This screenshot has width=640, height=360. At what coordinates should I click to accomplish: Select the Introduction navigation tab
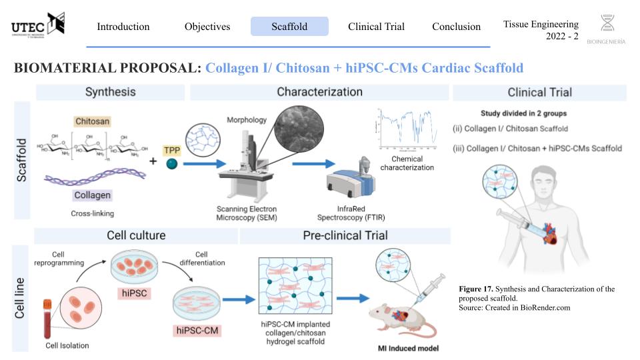coord(123,27)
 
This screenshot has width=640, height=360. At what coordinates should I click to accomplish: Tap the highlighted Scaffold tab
coord(289,27)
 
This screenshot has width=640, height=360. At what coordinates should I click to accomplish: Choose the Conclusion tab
coord(456,27)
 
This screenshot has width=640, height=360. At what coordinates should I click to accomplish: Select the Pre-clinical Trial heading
coord(344,235)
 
